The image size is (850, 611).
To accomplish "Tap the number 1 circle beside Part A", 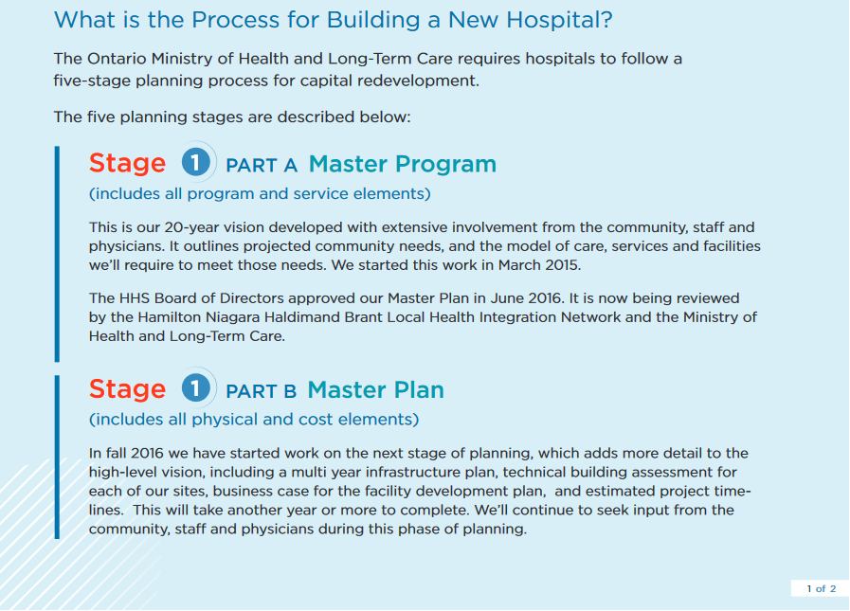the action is coord(196,162).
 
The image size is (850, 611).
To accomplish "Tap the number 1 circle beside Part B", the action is coord(196,387).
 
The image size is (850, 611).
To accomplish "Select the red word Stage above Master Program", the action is coord(127,163).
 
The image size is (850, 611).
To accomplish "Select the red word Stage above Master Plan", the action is coord(127,389).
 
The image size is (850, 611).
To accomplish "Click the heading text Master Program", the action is coord(402,164).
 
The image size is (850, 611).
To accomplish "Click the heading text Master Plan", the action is coord(375,389).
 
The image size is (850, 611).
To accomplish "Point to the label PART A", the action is coord(262,166).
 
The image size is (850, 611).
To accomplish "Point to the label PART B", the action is coord(261,391).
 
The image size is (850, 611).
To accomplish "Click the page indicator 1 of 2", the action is coord(822,589).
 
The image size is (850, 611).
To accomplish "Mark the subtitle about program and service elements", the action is coord(260,193).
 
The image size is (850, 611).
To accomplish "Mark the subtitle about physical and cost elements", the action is coord(254,419).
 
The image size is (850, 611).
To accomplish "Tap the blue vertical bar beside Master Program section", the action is coord(57,254).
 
